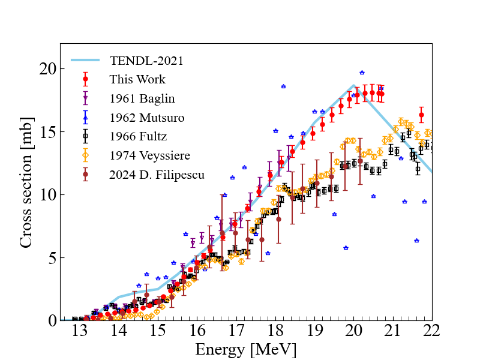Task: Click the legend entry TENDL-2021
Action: point(146,61)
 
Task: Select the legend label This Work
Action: point(137,79)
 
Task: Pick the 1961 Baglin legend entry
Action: point(142,98)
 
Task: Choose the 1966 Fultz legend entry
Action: point(138,137)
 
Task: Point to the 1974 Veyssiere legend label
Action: point(149,156)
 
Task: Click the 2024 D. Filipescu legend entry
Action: point(157,175)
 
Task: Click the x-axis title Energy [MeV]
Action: point(245,349)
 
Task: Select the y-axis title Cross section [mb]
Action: point(26,182)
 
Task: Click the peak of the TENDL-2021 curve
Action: point(354,86)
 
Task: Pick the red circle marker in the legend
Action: point(86,79)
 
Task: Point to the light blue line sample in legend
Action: point(86,61)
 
